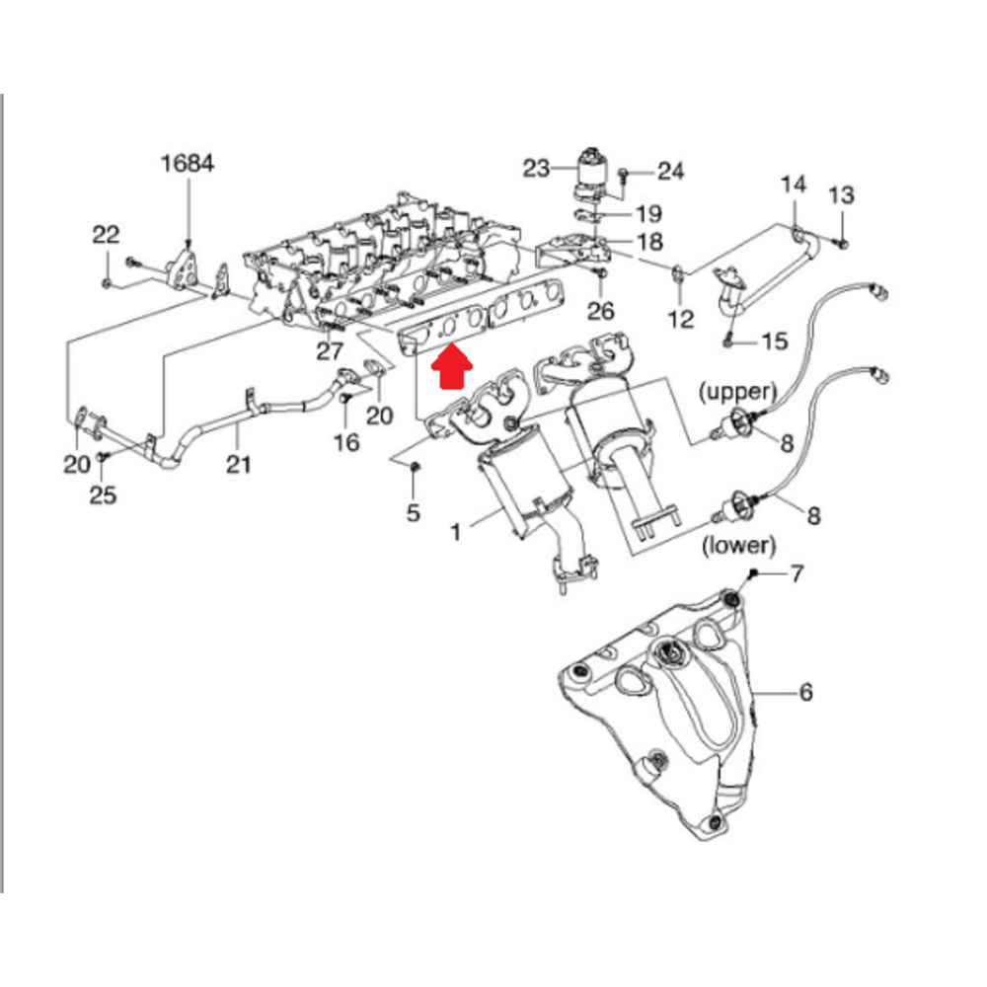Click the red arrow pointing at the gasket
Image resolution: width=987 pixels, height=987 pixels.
point(452,372)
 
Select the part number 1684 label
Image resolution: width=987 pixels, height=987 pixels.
point(188,164)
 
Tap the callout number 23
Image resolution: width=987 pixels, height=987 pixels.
point(536,169)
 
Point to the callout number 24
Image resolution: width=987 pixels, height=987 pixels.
point(670,171)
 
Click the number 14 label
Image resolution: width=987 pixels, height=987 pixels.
point(794,185)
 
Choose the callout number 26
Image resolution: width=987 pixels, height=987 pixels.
point(600,312)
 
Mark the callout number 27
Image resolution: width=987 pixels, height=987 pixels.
point(330,352)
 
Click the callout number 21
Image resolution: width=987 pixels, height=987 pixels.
point(237,463)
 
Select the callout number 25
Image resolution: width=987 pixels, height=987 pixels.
point(103,493)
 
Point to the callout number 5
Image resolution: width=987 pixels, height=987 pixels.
point(414,512)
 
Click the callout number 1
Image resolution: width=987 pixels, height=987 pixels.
point(456,532)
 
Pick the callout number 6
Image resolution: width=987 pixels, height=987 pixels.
point(805,693)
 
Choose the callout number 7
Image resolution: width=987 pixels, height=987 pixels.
point(797,572)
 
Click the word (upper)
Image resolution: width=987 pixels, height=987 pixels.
point(738,390)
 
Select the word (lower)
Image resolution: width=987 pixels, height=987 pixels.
point(736,544)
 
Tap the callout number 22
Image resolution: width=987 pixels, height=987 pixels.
point(106,235)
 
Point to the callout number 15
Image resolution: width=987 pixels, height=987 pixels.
point(775,342)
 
